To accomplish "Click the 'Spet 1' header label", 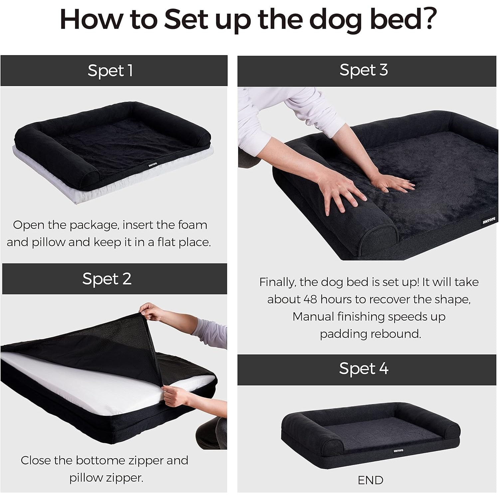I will click(x=110, y=71).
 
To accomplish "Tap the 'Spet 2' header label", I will click(x=107, y=279).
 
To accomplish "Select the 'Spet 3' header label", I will click(x=364, y=70).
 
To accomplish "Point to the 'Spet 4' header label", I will click(x=364, y=369).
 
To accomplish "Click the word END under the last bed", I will click(x=370, y=480).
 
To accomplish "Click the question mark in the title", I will click(x=426, y=19).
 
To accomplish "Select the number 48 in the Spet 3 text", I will click(x=310, y=299).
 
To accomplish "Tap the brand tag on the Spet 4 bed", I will click(x=398, y=450).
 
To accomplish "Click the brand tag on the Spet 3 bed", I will click(x=489, y=221).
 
